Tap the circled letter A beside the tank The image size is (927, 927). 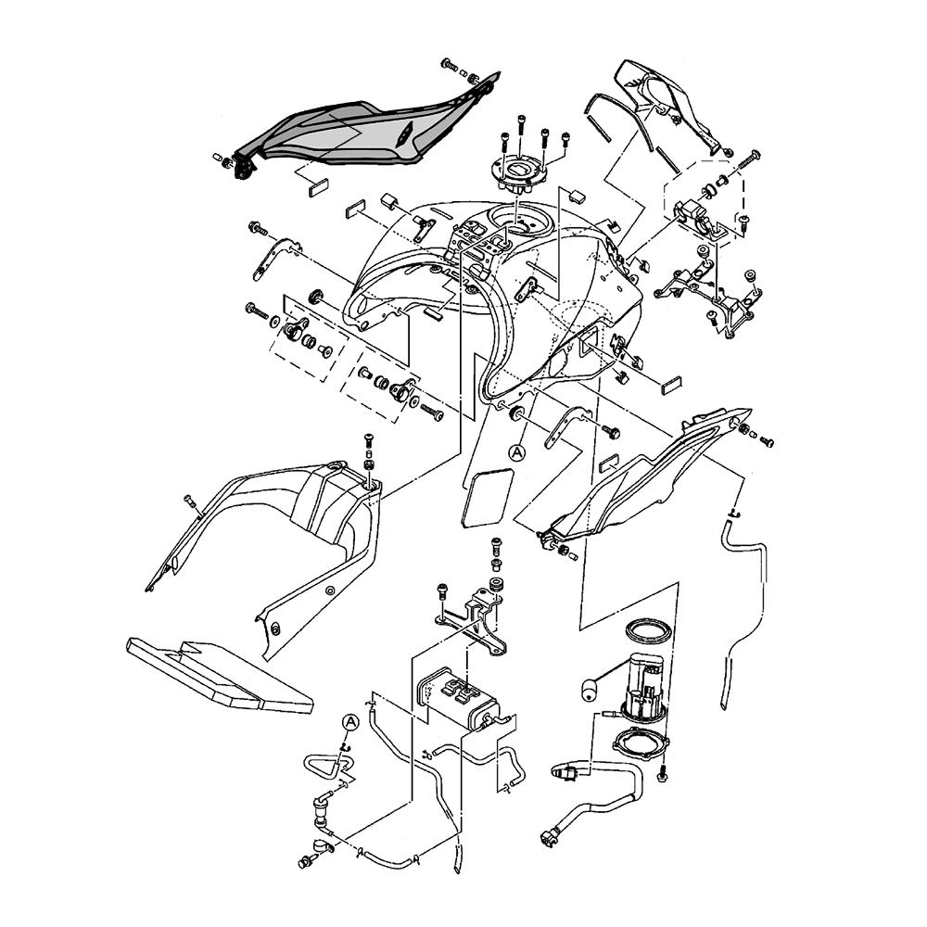pos(518,451)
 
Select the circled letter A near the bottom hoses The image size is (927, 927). pos(350,722)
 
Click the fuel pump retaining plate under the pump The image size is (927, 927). pos(641,746)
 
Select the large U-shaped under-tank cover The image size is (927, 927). pos(278,528)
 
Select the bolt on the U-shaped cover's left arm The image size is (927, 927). pos(190,502)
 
